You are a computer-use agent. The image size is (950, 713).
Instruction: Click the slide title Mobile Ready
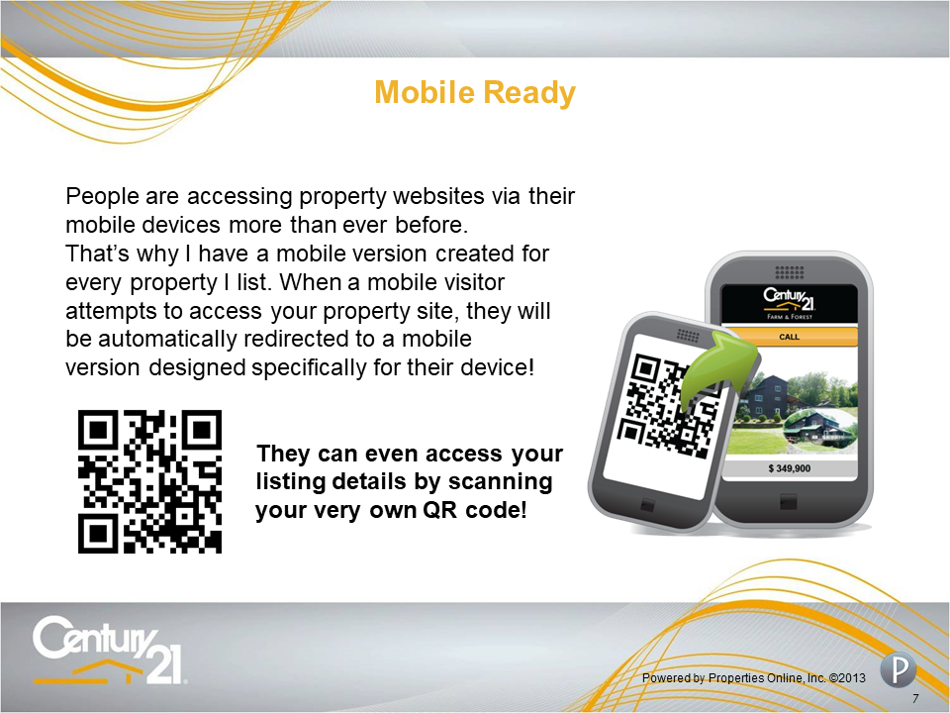click(x=475, y=93)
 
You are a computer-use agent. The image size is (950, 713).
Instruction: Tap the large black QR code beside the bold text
click(x=149, y=481)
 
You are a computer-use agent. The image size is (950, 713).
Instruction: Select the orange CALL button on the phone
click(x=789, y=337)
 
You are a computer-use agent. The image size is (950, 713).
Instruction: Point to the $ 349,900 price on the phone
click(x=789, y=468)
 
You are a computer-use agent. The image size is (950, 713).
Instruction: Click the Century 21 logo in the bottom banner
click(x=109, y=650)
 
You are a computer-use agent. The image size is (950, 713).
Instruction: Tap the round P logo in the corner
click(x=898, y=669)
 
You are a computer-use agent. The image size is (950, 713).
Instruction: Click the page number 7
click(x=915, y=698)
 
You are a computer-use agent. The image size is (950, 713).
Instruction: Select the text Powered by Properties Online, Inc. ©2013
click(x=754, y=677)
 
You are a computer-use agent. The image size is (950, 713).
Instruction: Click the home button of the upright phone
click(x=789, y=501)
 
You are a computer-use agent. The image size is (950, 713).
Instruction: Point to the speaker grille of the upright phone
click(x=789, y=271)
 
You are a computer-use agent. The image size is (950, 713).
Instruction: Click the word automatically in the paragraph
click(x=166, y=339)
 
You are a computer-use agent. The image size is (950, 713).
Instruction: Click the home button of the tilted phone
click(x=647, y=504)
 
